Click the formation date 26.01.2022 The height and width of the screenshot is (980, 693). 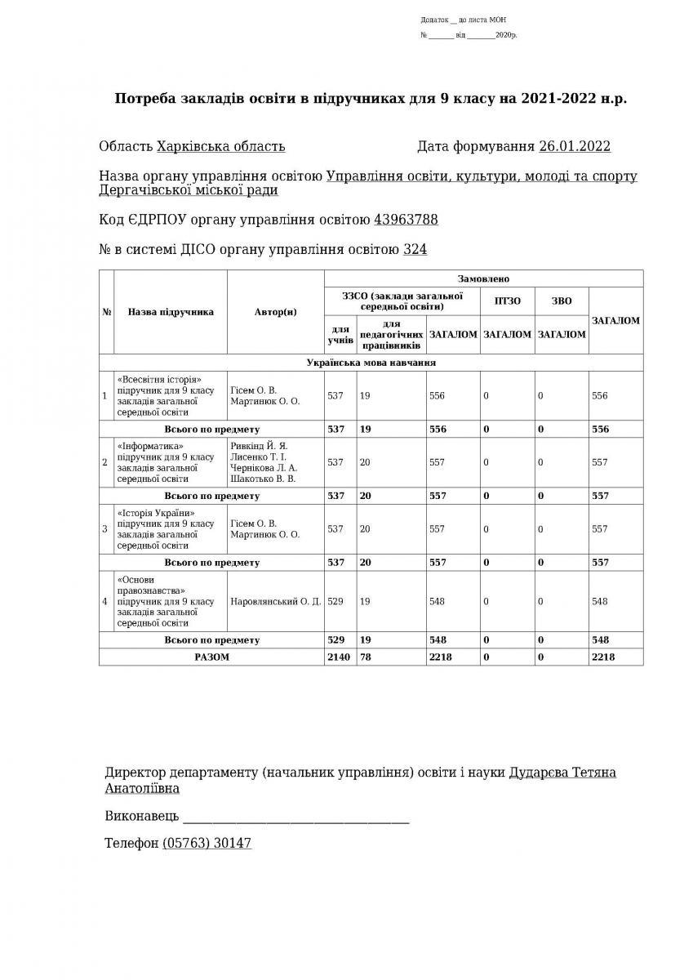tap(575, 147)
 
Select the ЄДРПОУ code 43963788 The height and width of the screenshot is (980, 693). tap(406, 220)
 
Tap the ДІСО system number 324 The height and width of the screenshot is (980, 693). tap(415, 250)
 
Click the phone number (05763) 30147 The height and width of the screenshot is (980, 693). tap(207, 843)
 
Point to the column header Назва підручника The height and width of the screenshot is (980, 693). tap(171, 312)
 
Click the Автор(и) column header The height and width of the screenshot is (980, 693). tap(275, 312)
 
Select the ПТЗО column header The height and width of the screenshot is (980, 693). tap(508, 301)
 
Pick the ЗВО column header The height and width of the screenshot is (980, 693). tap(562, 301)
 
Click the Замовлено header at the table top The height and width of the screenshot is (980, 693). tap(484, 278)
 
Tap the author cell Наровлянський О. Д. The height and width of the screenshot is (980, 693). tap(275, 602)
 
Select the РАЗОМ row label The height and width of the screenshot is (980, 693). tap(211, 657)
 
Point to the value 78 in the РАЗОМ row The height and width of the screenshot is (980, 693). tap(366, 657)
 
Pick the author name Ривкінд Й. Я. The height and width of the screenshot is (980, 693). tap(260, 446)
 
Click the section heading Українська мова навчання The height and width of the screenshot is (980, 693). tap(371, 362)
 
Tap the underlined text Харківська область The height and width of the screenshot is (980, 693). tap(220, 147)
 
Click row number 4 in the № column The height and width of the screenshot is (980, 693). tap(105, 602)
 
